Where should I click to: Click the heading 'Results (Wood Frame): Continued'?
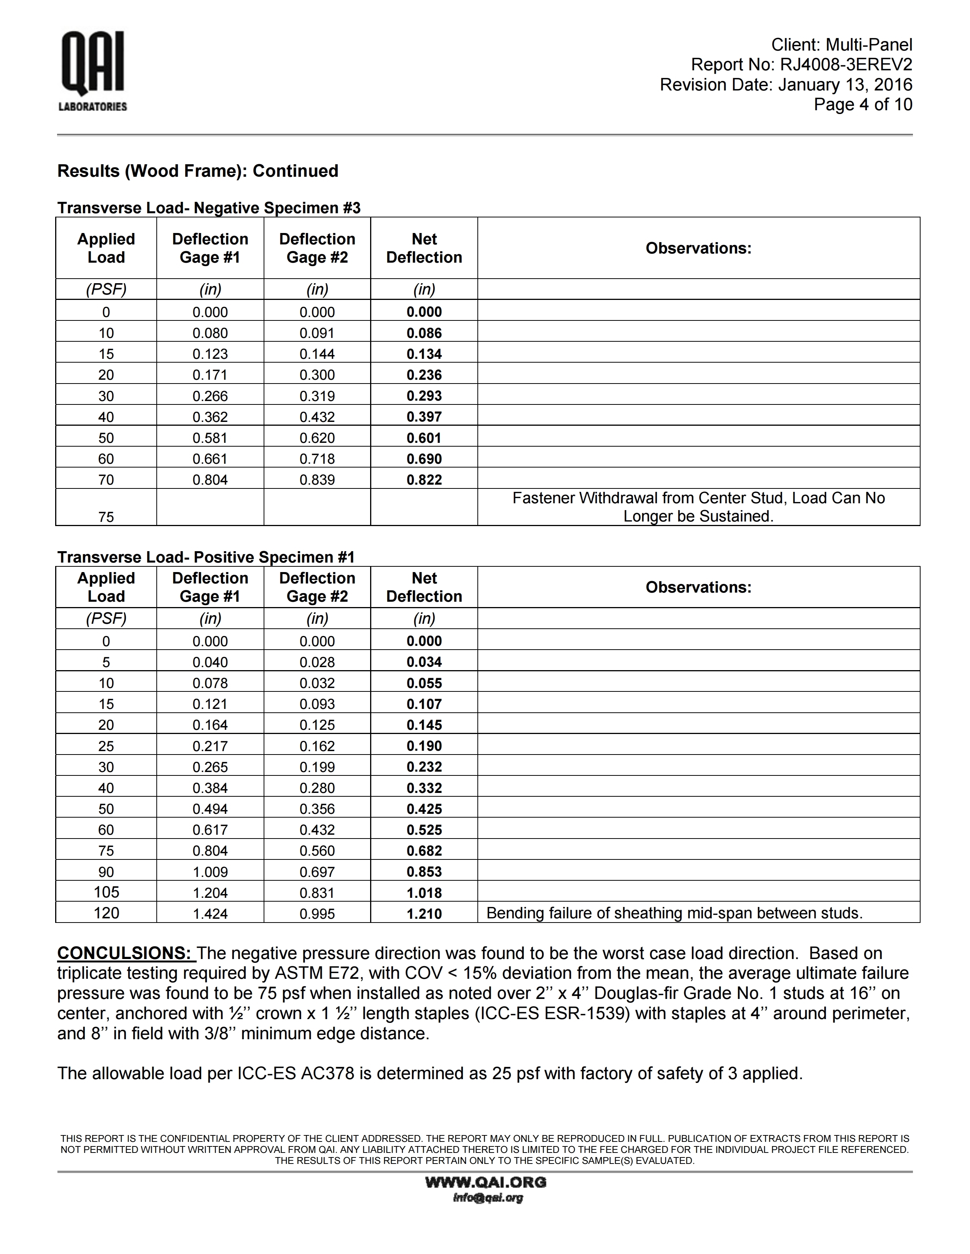198,171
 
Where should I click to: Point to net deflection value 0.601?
424,438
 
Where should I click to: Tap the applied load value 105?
106,892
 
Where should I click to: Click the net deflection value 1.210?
424,913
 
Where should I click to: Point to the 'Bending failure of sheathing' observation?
674,913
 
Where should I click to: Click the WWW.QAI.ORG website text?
486,1182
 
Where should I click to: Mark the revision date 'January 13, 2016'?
845,85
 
